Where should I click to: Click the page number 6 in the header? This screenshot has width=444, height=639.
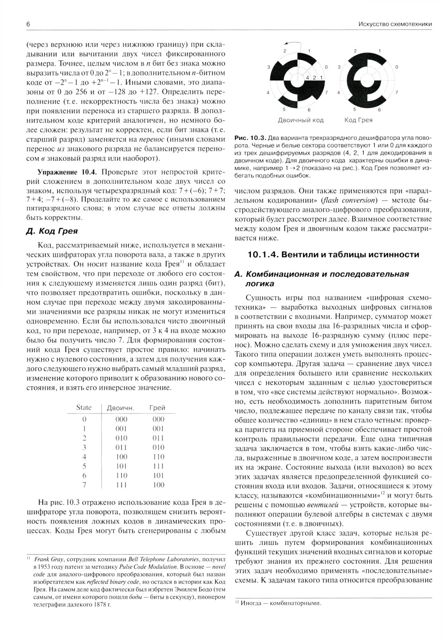28,25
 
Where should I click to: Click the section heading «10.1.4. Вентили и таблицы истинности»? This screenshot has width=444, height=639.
333,254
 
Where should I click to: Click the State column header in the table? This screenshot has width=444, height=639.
84,407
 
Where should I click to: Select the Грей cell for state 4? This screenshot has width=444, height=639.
158,456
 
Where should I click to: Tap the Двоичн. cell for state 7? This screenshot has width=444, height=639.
121,485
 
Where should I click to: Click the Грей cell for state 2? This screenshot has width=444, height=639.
158,438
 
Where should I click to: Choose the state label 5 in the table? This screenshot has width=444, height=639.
84,466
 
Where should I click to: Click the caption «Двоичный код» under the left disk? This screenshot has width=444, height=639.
301,120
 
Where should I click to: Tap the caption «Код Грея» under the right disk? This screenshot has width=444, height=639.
358,120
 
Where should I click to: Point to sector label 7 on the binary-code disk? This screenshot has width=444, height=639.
326,93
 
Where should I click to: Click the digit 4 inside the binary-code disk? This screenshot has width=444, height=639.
307,77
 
